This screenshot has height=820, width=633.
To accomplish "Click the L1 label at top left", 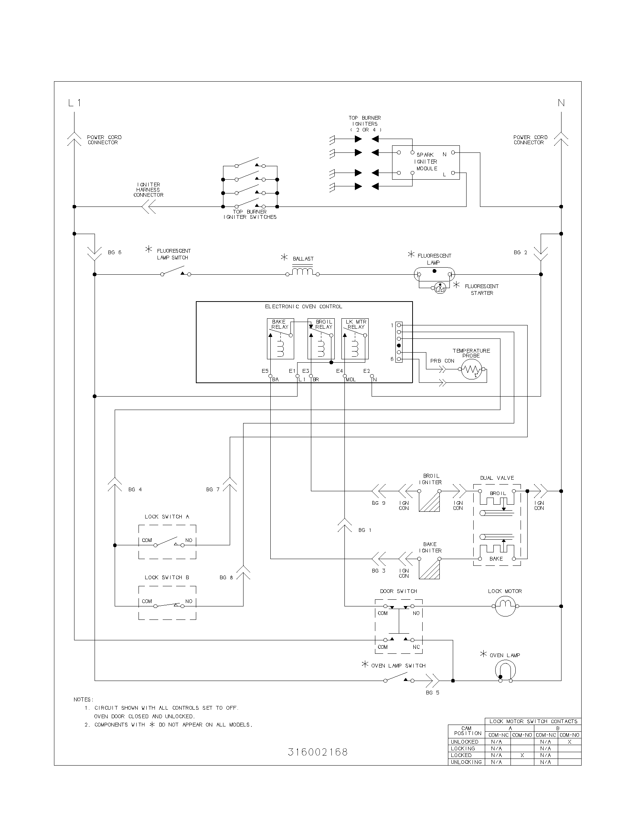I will [74, 103].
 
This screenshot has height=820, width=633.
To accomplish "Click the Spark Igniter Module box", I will [426, 162].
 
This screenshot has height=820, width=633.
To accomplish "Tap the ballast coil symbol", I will [303, 271].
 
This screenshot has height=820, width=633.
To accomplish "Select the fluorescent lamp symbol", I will [434, 274].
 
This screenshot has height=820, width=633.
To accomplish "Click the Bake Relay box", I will [280, 339].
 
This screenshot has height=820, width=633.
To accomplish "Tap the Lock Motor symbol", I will [505, 606].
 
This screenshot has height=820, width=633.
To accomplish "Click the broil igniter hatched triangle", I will [430, 502].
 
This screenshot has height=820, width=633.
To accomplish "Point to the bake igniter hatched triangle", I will [430, 570].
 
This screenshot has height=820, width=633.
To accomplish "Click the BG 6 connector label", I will [115, 253].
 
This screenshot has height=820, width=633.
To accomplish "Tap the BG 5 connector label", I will [432, 693].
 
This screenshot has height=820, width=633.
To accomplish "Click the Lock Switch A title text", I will [167, 517].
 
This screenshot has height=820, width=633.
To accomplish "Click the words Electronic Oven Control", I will [303, 307].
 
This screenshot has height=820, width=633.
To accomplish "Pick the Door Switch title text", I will [398, 591].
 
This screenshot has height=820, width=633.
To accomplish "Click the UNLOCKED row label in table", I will [464, 742].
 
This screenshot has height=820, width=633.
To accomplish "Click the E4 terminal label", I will [339, 371].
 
